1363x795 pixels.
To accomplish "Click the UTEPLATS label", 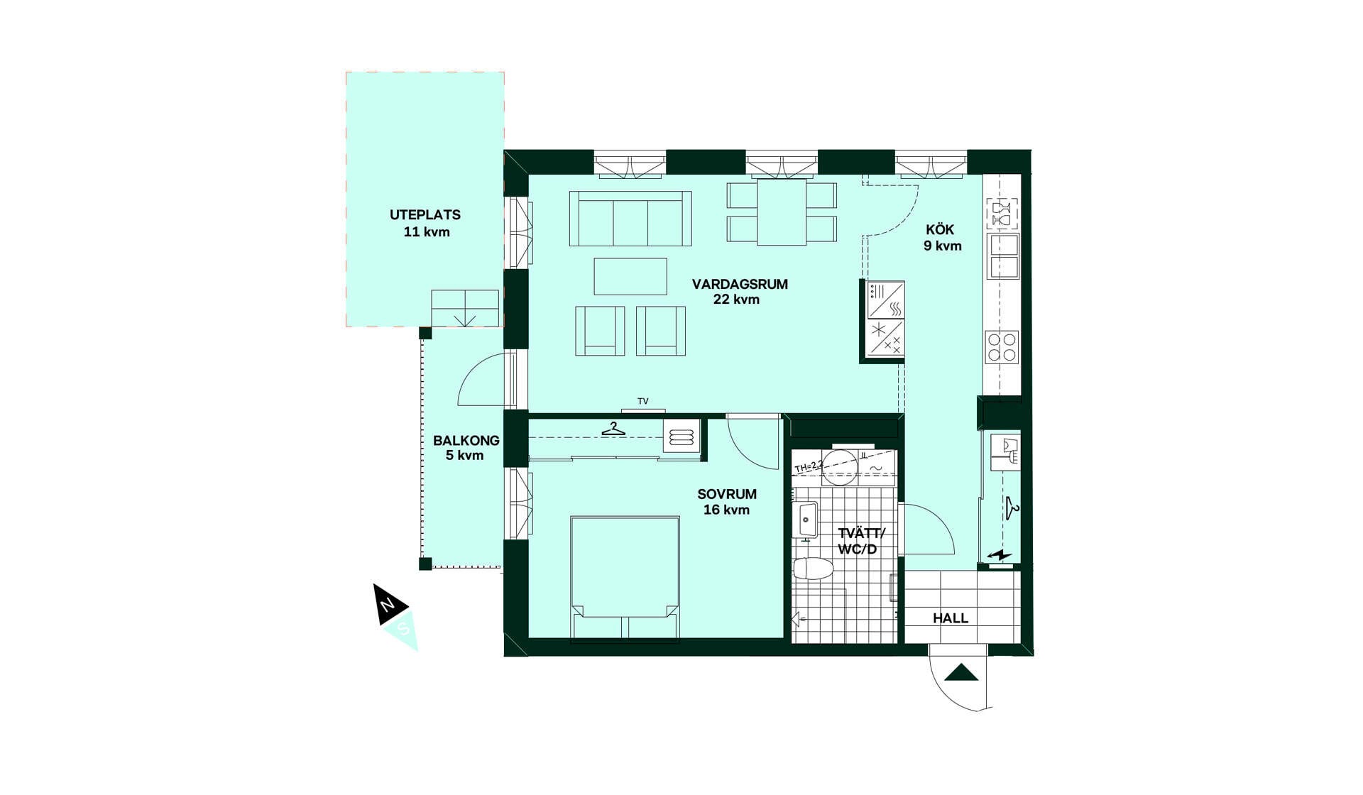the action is (425, 214).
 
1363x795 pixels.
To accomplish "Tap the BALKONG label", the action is (466, 440).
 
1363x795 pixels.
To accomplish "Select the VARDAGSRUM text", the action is (740, 284).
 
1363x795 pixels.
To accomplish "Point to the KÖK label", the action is (940, 230).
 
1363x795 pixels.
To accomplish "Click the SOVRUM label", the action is (727, 494).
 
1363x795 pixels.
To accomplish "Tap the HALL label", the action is (951, 618).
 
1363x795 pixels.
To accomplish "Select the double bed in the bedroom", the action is (625, 579).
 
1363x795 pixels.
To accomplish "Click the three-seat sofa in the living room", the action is (630, 218).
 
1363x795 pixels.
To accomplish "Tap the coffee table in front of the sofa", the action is (630, 276).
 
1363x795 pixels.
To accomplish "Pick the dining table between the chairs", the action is (782, 212).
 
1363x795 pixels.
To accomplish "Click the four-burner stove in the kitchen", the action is (1002, 348).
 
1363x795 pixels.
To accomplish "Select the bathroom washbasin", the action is (807, 521).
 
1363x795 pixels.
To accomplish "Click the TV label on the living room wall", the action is (643, 402).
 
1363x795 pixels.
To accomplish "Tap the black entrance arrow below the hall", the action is (961, 672).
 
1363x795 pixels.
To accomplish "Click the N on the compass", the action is (387, 605).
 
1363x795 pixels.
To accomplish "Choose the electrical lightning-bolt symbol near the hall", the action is (1000, 555).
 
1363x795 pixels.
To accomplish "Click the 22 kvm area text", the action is (736, 300).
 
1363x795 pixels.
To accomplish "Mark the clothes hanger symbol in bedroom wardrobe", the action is (613, 429).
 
